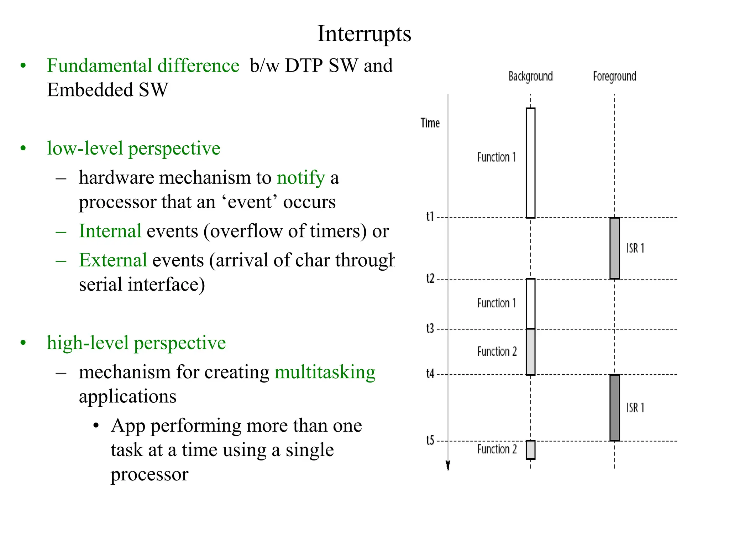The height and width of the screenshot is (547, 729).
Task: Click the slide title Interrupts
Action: (x=364, y=34)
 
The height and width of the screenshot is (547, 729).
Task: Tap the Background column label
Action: (x=530, y=76)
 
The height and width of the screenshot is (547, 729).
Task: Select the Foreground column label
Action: (x=614, y=76)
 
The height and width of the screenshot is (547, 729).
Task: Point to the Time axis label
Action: (x=430, y=123)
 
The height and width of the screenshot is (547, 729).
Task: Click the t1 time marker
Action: (x=430, y=217)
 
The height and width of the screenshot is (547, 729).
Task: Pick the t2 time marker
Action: (x=430, y=278)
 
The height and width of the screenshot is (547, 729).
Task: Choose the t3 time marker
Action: (x=430, y=328)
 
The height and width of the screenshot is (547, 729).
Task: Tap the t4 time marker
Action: (x=430, y=374)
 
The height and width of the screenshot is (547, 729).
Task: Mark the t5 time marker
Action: (x=430, y=441)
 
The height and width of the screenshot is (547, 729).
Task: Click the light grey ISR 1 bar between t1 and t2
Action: (x=614, y=248)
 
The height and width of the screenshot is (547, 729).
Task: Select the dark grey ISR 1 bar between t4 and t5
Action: (x=614, y=408)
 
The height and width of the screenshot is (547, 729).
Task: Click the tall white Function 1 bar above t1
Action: (x=530, y=163)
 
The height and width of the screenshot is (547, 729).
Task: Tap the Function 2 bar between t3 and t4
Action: (x=530, y=352)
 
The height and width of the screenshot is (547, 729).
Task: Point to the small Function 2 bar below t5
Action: (x=530, y=450)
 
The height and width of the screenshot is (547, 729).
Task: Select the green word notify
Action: (x=301, y=178)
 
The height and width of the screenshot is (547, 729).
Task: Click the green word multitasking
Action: (x=325, y=372)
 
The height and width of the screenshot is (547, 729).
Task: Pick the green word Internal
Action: (x=110, y=231)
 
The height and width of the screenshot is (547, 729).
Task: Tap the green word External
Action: (x=113, y=260)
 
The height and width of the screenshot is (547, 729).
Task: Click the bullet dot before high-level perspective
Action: (x=23, y=343)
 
